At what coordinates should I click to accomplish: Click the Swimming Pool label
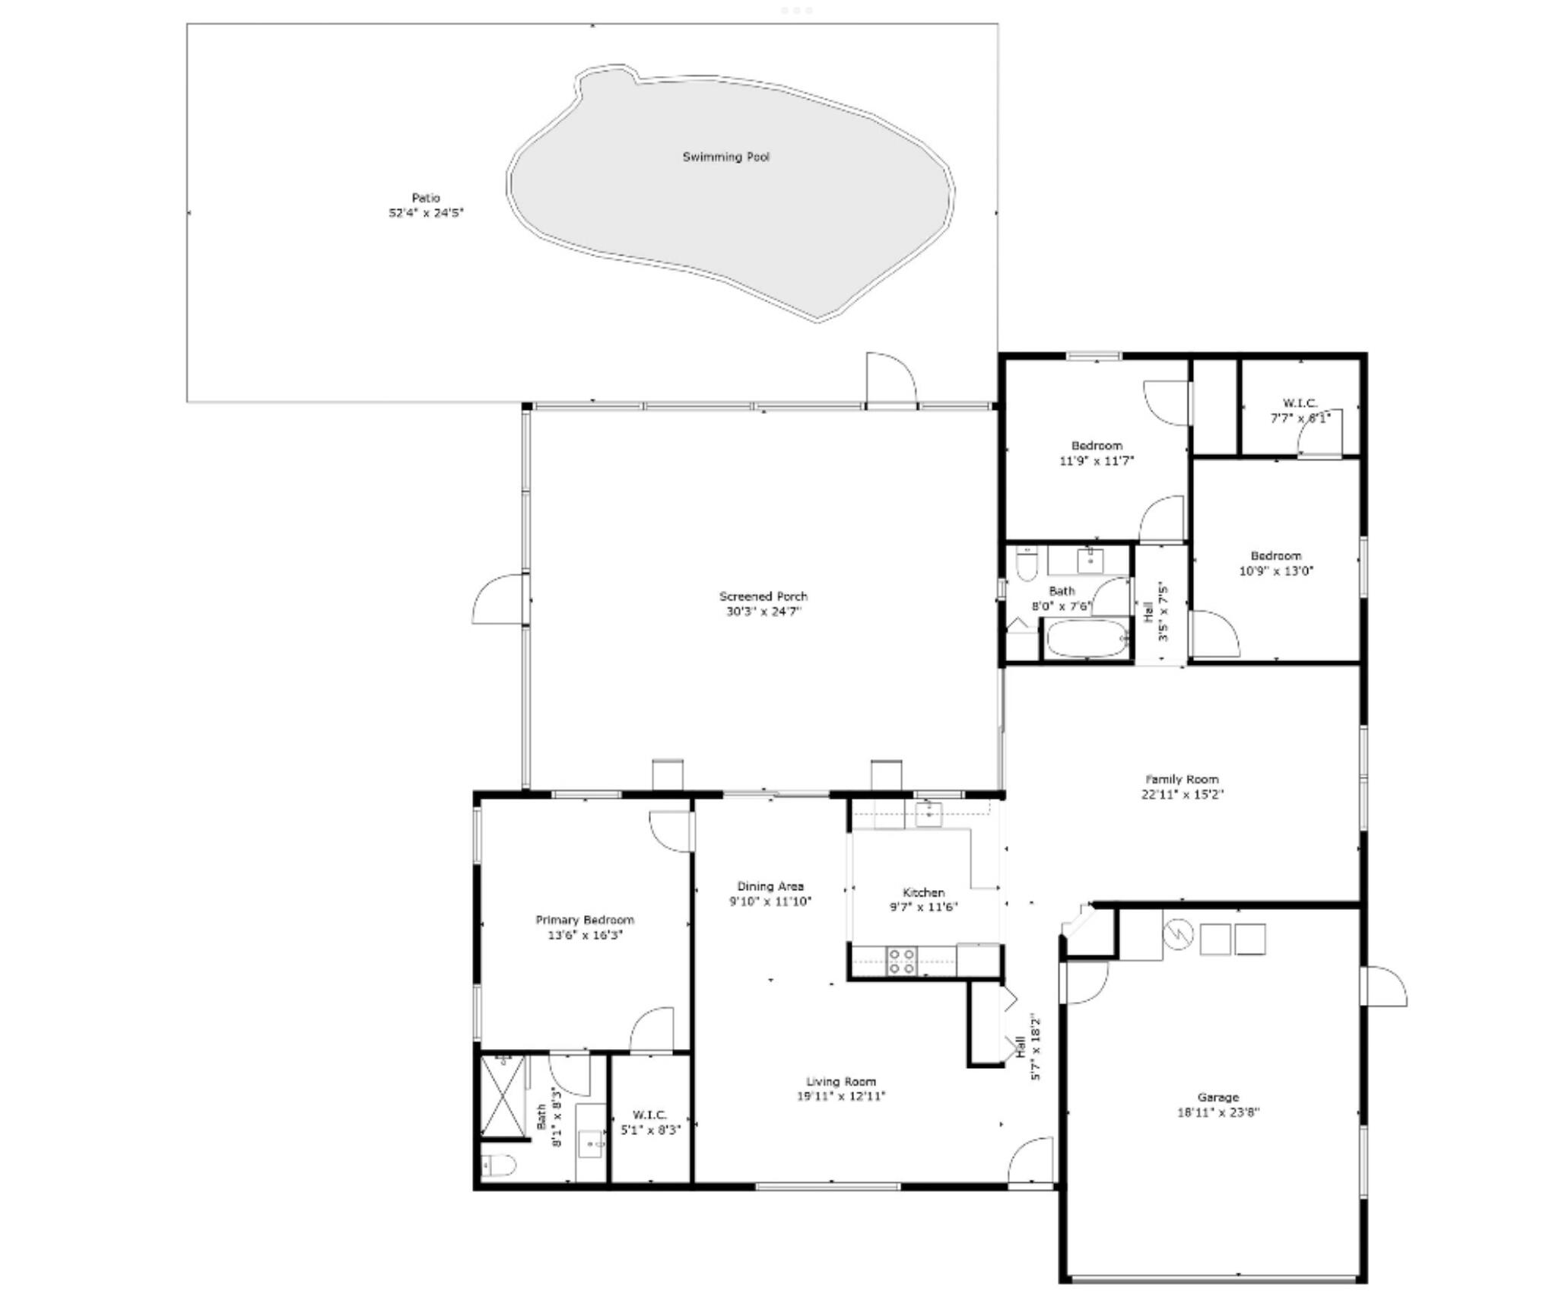click(x=725, y=157)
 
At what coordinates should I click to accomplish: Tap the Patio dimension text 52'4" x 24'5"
click(x=426, y=213)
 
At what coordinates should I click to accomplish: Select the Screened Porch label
click(x=763, y=596)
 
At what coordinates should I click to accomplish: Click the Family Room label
click(x=1182, y=779)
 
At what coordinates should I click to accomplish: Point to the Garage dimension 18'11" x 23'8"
click(x=1218, y=1112)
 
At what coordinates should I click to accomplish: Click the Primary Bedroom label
click(x=585, y=920)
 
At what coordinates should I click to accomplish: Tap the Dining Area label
click(x=770, y=886)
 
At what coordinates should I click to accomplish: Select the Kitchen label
click(x=923, y=892)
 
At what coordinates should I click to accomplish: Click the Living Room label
click(x=841, y=1081)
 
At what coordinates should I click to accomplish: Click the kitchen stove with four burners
click(x=903, y=961)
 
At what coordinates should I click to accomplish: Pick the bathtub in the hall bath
click(x=1087, y=640)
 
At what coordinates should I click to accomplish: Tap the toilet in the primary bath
click(x=499, y=1165)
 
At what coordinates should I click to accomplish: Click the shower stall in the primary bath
click(x=503, y=1096)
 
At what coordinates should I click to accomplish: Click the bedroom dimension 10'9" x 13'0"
click(x=1276, y=571)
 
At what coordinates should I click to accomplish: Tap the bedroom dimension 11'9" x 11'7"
click(x=1097, y=460)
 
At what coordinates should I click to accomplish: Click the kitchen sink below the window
click(x=928, y=812)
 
